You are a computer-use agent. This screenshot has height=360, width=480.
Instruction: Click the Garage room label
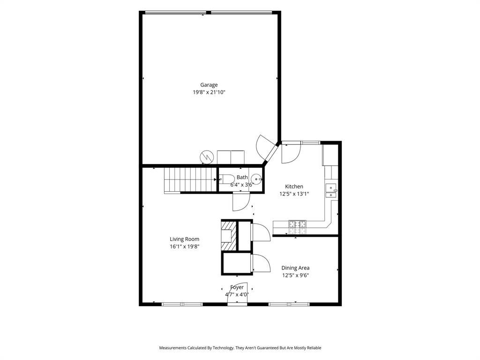[209, 85]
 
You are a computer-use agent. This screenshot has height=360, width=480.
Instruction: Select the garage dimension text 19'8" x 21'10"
[209, 92]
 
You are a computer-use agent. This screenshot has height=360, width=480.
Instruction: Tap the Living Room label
[185, 239]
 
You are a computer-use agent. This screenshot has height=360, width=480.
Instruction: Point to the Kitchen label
[294, 187]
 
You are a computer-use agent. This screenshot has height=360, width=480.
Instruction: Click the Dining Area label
[295, 268]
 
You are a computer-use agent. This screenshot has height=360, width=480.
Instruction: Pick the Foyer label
[237, 287]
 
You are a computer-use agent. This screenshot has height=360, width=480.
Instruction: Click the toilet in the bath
[226, 179]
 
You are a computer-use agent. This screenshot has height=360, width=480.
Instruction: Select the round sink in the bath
[256, 179]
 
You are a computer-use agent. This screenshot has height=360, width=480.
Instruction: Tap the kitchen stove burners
[297, 227]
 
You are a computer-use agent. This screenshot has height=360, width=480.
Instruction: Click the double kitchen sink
[331, 191]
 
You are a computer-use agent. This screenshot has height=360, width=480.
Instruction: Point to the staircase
[190, 180]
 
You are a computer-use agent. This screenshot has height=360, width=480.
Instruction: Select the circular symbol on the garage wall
[207, 157]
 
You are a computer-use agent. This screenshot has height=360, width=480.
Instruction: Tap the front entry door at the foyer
[237, 293]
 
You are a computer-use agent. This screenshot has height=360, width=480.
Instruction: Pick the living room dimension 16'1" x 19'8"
[185, 247]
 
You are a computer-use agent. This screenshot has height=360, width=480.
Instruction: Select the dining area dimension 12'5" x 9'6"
[295, 275]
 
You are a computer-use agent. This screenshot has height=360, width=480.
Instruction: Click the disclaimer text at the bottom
[240, 348]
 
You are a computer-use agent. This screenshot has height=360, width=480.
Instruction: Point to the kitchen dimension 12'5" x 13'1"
[294, 194]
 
